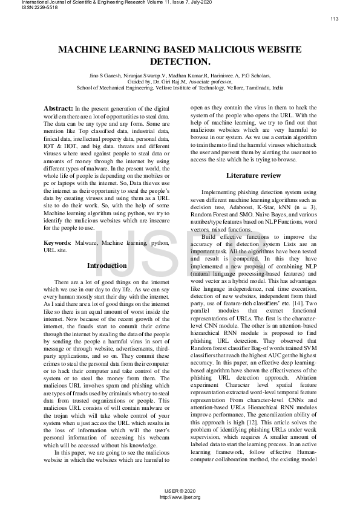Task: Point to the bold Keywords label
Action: click(57, 242)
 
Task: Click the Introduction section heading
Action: click(106, 265)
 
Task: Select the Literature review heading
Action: click(254, 175)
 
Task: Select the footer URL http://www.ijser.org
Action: click(180, 497)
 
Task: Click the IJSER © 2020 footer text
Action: click(180, 491)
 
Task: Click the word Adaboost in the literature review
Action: click(232, 207)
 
